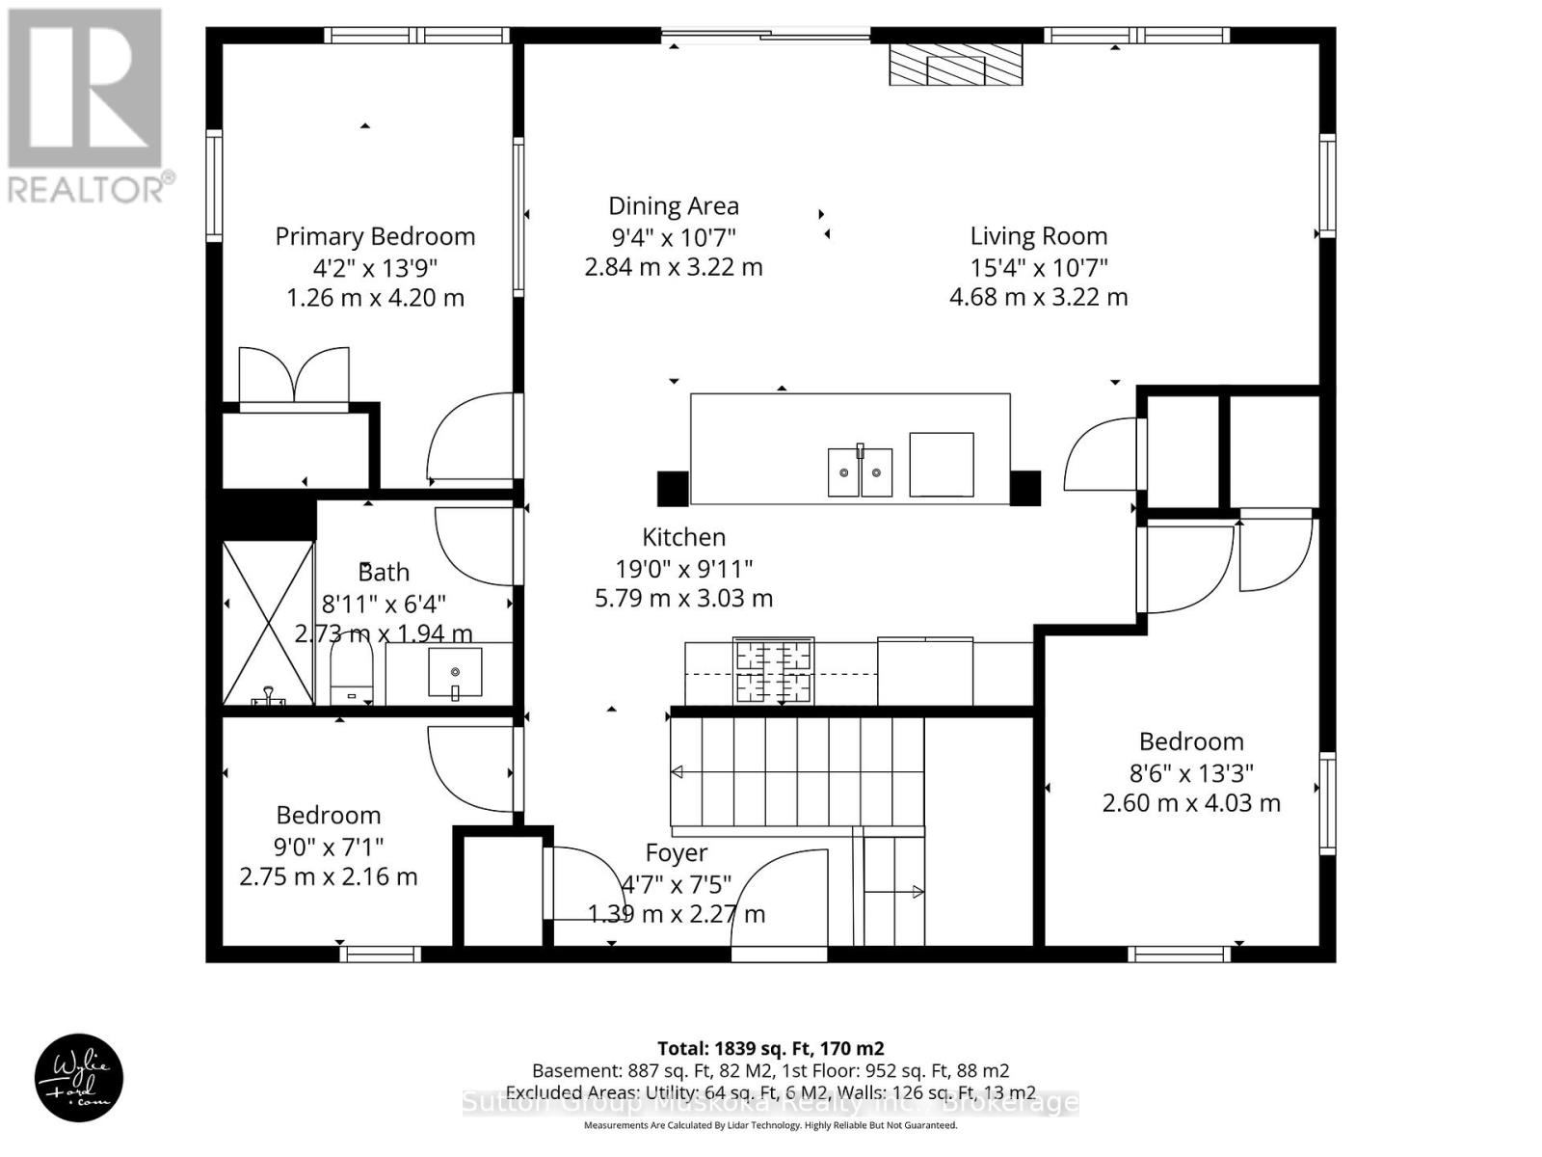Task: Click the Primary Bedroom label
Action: [x=375, y=236]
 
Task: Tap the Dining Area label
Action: [x=673, y=205]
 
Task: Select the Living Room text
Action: [x=1038, y=236]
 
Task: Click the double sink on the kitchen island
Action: [x=860, y=472]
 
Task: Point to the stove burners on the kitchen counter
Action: [x=773, y=671]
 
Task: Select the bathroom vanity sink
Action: [x=455, y=671]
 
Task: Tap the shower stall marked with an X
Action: [x=268, y=622]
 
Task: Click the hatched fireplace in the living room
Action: [x=954, y=67]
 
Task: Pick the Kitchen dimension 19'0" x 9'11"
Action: [x=683, y=568]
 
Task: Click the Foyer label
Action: [x=676, y=852]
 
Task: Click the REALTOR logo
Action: [x=88, y=106]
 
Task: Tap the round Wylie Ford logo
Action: [x=79, y=1077]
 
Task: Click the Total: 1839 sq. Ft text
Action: [x=770, y=1048]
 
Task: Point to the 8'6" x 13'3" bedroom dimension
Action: [x=1191, y=772]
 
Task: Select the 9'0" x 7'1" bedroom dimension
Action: [x=328, y=846]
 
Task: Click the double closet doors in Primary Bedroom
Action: [x=293, y=377]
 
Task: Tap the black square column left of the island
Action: [x=673, y=488]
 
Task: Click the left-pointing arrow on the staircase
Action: [x=678, y=772]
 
